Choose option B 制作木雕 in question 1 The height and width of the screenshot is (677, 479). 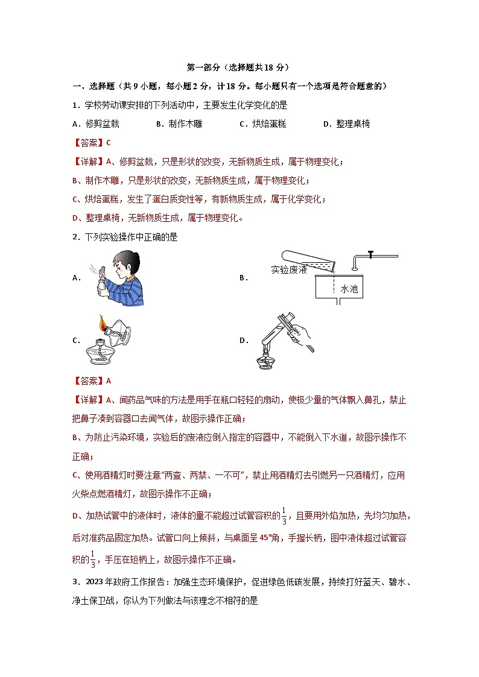click(x=179, y=124)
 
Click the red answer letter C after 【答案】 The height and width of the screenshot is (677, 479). click(x=109, y=143)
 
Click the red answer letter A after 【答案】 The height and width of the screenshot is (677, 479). click(x=109, y=380)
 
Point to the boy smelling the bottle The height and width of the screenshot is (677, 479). click(x=118, y=277)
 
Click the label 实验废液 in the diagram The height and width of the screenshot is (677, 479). click(x=289, y=270)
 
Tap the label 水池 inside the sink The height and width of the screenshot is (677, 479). click(x=349, y=289)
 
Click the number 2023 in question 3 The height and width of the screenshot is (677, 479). click(x=93, y=582)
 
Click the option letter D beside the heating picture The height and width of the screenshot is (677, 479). click(x=243, y=340)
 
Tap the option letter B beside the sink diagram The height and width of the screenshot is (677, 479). click(x=243, y=277)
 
